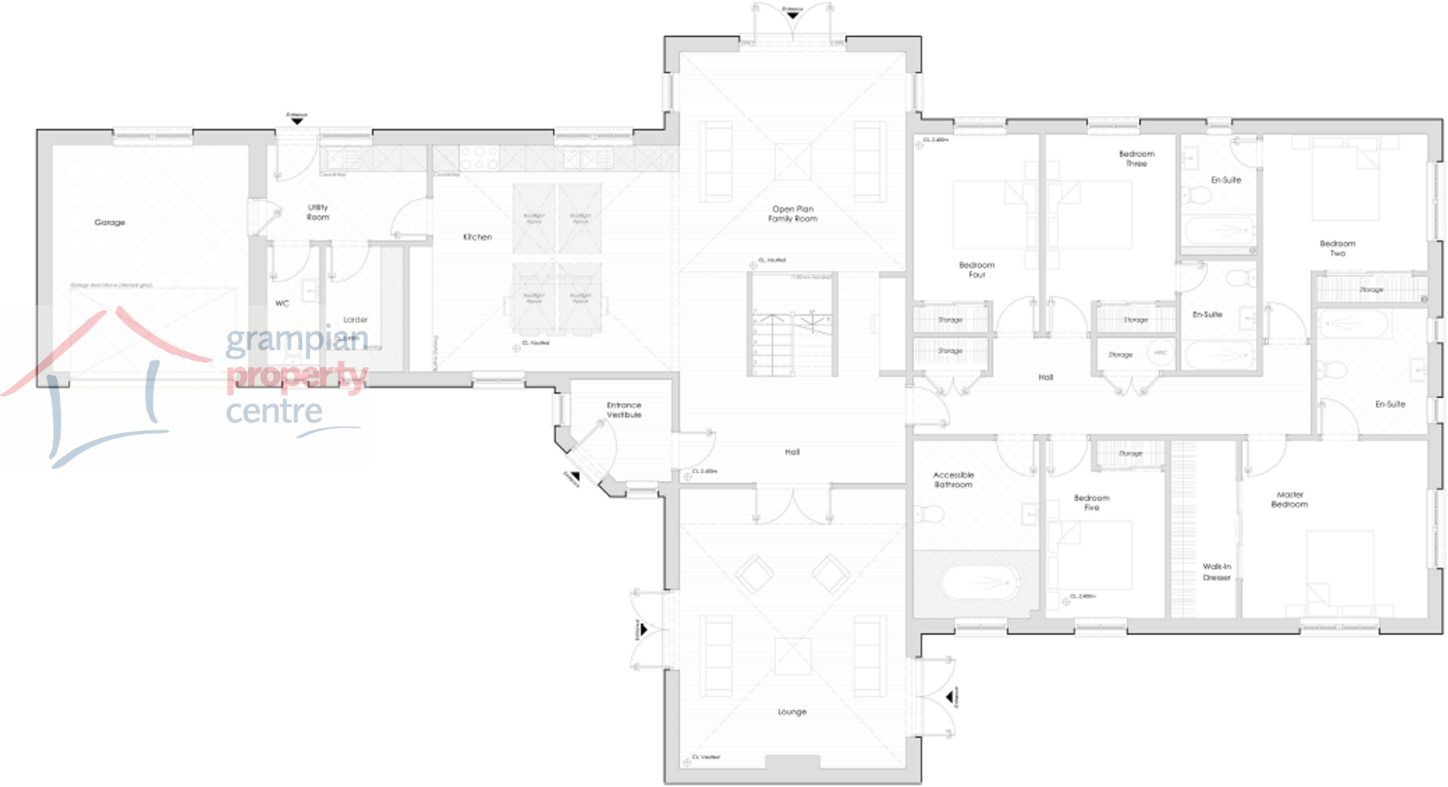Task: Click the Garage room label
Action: (x=110, y=222)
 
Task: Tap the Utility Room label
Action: (x=317, y=212)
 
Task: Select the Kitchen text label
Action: (x=477, y=237)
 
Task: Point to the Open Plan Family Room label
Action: (x=793, y=214)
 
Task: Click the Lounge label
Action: (x=792, y=711)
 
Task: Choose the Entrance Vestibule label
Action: (x=624, y=410)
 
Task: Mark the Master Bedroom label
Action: (x=1290, y=499)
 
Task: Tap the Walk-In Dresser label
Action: (x=1217, y=572)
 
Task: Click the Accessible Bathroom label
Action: (x=953, y=479)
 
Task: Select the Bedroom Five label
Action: (x=1092, y=502)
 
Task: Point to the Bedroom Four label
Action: (x=976, y=269)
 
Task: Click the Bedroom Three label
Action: (x=1136, y=158)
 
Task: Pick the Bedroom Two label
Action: (x=1337, y=248)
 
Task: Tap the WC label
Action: (x=282, y=303)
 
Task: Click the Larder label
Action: (x=355, y=320)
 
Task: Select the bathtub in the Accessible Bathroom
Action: (x=980, y=583)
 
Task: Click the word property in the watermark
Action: (x=297, y=375)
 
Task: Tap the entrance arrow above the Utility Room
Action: (x=297, y=121)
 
